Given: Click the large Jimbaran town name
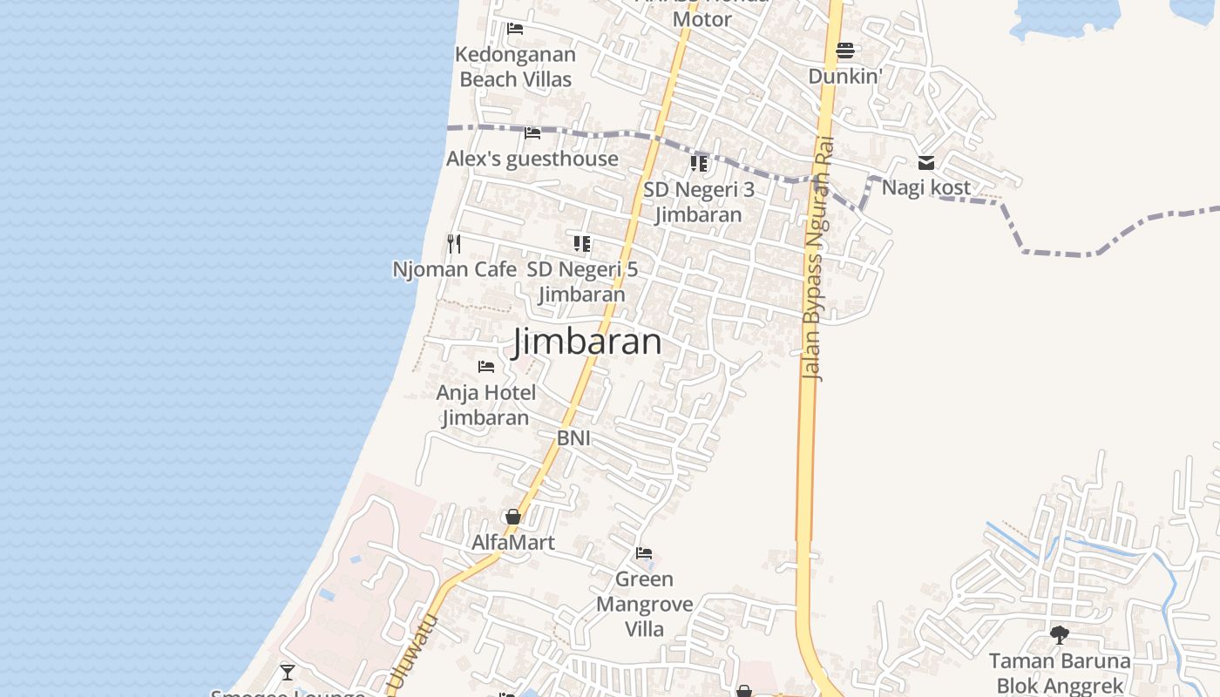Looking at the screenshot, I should pyautogui.click(x=587, y=341).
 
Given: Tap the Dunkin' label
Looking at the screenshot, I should pyautogui.click(x=845, y=76).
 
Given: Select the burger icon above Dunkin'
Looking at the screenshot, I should pyautogui.click(x=845, y=51).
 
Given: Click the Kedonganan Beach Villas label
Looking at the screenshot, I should pyautogui.click(x=515, y=67).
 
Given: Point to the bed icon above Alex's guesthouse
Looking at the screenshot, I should pyautogui.click(x=532, y=133).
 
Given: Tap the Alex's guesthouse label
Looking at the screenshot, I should pyautogui.click(x=532, y=159).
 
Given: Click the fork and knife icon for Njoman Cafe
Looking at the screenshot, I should pyautogui.click(x=453, y=243).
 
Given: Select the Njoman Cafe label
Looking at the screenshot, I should pyautogui.click(x=454, y=269).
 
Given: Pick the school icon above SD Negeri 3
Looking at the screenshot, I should pyautogui.click(x=699, y=163).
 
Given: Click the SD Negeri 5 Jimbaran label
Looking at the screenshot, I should pyautogui.click(x=582, y=281).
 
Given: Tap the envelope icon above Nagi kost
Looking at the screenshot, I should pyautogui.click(x=926, y=163).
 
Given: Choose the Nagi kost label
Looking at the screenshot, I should pyautogui.click(x=925, y=187).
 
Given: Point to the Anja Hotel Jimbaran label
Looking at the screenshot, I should pyautogui.click(x=485, y=405).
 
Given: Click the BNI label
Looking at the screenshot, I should pyautogui.click(x=573, y=438).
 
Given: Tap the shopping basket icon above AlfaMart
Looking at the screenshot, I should pyautogui.click(x=513, y=518).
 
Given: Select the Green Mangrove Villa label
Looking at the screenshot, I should pyautogui.click(x=644, y=604).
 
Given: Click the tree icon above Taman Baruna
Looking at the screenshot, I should pyautogui.click(x=1059, y=635).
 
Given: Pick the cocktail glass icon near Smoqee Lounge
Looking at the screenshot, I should pyautogui.click(x=287, y=673).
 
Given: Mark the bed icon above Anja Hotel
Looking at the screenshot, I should pyautogui.click(x=486, y=367).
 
